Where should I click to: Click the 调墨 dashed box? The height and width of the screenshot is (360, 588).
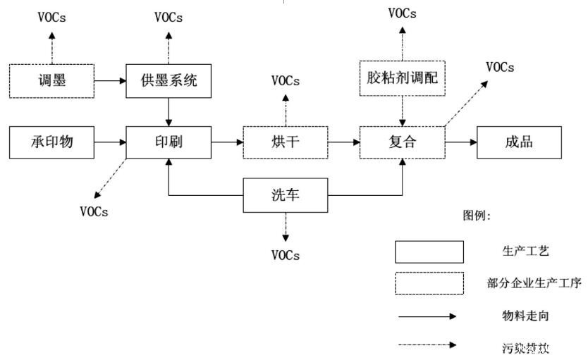(x=51, y=80)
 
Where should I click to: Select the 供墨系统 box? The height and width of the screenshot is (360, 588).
(x=168, y=80)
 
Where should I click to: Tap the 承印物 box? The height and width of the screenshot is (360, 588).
(x=51, y=142)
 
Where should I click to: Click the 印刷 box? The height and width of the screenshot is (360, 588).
(x=168, y=142)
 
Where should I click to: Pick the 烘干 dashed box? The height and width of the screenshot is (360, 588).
(x=285, y=142)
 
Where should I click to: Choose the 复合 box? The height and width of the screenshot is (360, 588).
(x=402, y=142)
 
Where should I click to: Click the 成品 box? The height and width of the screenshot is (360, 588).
(x=519, y=142)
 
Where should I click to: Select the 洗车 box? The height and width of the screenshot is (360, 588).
(x=285, y=195)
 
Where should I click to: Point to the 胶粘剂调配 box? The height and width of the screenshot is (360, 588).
(x=402, y=77)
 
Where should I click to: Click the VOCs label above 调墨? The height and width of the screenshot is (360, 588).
(x=51, y=17)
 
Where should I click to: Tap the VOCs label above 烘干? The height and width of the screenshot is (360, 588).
(x=286, y=80)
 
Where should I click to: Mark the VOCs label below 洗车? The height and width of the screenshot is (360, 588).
(x=286, y=255)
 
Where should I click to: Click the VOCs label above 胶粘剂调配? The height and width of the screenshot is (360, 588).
(x=402, y=13)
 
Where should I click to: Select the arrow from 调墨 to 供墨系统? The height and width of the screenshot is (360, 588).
(x=109, y=80)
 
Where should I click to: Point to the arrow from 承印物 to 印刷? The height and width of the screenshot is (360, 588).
(x=109, y=142)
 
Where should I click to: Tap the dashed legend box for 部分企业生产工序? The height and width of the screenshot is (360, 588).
(x=429, y=283)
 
